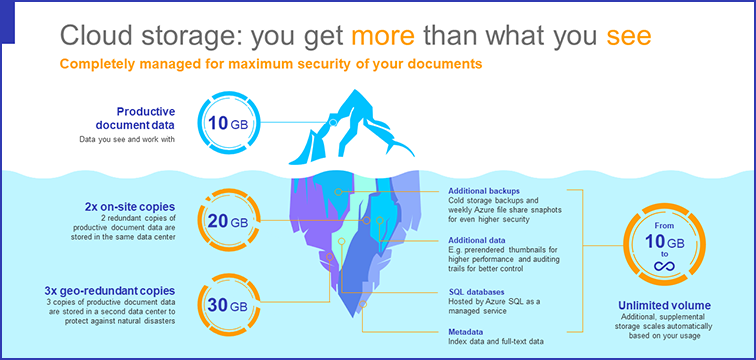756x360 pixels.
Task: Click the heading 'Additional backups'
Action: pos(484,190)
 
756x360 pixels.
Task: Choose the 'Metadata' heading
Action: pos(467,330)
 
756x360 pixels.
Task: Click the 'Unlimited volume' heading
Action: pos(664,305)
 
